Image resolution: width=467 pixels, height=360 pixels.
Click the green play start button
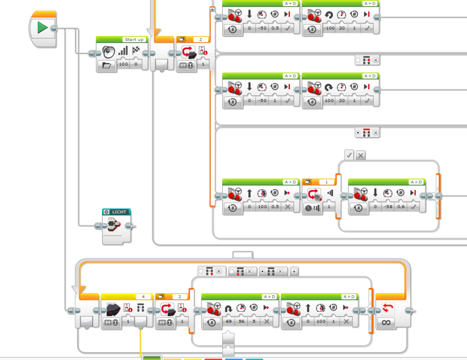[x=42, y=28]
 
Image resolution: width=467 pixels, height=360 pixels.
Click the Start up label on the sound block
[x=134, y=40]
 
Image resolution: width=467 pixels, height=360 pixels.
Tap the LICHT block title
[x=119, y=212]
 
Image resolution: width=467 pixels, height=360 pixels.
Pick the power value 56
[x=241, y=321]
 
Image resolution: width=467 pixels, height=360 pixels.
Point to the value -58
[x=388, y=207]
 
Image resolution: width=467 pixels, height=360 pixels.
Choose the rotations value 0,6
[x=400, y=207]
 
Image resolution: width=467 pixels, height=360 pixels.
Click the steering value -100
[x=329, y=28]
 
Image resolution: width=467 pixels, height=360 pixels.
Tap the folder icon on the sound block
[x=107, y=65]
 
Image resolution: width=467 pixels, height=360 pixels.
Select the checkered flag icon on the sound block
[x=136, y=51]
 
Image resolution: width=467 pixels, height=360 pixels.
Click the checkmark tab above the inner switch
[x=349, y=155]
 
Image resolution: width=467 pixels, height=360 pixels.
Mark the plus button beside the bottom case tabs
[x=294, y=271]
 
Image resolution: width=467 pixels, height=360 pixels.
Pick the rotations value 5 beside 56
[x=254, y=321]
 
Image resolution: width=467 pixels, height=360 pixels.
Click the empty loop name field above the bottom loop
[x=242, y=255]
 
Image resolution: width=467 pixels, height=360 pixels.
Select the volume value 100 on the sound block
[x=123, y=64]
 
